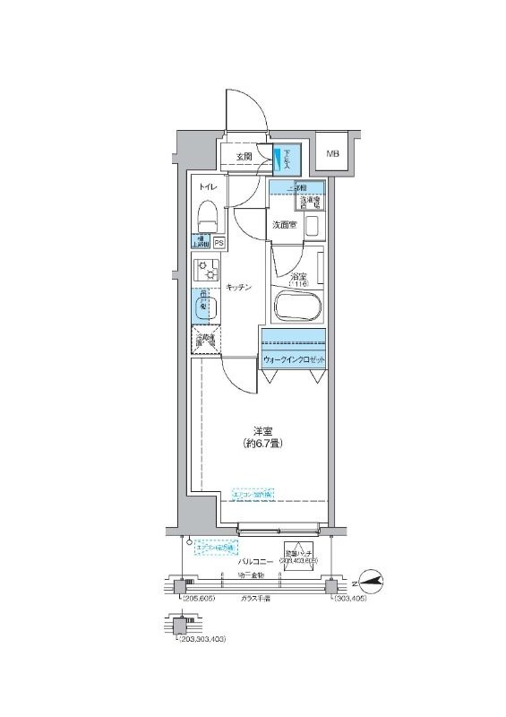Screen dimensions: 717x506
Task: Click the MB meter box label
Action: tap(332, 153)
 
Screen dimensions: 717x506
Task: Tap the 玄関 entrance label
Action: tap(244, 157)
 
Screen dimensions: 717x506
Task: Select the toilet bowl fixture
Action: tap(206, 215)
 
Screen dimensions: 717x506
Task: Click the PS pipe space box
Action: tap(219, 242)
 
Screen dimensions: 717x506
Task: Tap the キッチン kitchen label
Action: tap(237, 287)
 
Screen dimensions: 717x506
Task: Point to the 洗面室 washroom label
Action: tap(284, 225)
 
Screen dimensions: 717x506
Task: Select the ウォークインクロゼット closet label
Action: tap(294, 360)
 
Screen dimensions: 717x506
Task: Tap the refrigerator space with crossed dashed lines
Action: tap(205, 341)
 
